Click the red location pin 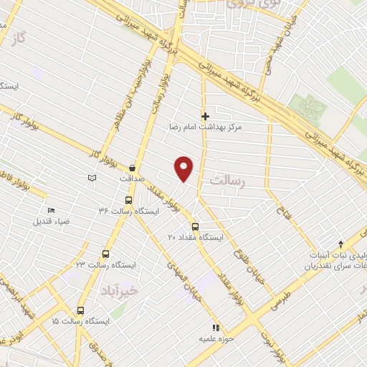(x=185, y=168)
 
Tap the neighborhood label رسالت (x=228, y=182)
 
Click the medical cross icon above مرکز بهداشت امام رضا (x=205, y=116)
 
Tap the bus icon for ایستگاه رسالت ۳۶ (x=129, y=201)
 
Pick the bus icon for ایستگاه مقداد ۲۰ (x=195, y=227)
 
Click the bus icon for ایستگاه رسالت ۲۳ (x=106, y=254)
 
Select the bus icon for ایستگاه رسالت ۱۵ (x=80, y=311)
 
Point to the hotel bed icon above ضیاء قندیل (x=50, y=210)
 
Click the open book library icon (x=90, y=178)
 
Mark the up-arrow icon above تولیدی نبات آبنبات (x=340, y=244)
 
